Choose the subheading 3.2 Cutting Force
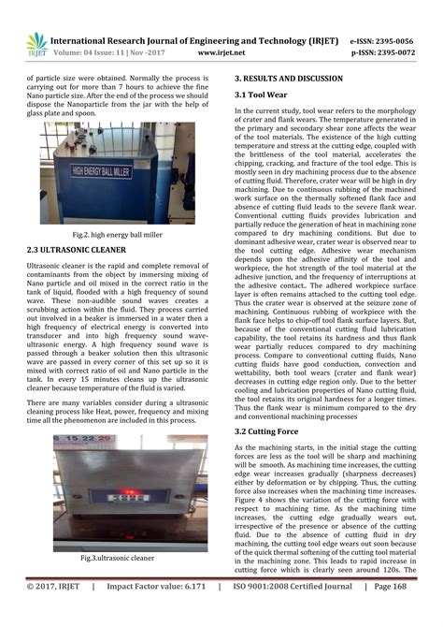269,433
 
